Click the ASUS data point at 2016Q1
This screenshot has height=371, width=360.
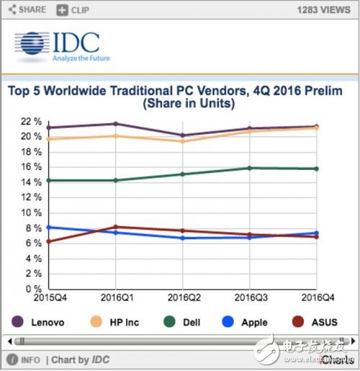pos(114,227)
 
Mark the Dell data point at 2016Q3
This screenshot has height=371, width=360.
pos(249,168)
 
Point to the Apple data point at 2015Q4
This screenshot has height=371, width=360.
pos(48,227)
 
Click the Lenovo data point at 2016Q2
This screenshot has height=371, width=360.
pos(181,135)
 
